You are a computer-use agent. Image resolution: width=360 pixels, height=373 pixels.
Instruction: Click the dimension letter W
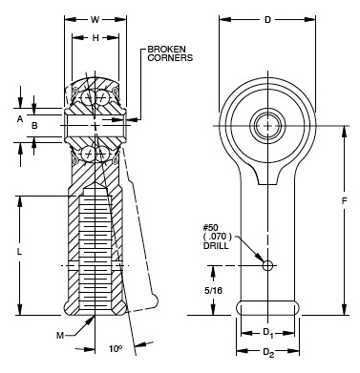(x=94, y=18)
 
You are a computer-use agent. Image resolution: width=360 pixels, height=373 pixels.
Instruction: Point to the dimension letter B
(x=35, y=125)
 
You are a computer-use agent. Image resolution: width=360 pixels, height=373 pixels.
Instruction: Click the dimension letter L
(x=20, y=250)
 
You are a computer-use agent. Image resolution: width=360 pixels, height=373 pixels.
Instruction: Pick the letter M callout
(x=59, y=336)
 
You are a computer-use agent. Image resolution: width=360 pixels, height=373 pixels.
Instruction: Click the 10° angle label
(x=115, y=350)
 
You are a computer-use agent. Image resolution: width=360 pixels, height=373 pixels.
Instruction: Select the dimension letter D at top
(x=267, y=18)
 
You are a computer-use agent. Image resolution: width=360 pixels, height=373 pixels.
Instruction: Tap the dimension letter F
(x=343, y=201)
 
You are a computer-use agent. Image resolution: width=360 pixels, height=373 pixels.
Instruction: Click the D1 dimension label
(x=268, y=334)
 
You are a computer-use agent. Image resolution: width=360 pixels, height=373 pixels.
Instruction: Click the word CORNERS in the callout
(x=169, y=58)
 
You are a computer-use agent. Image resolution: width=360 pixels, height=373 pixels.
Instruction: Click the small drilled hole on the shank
(x=268, y=265)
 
